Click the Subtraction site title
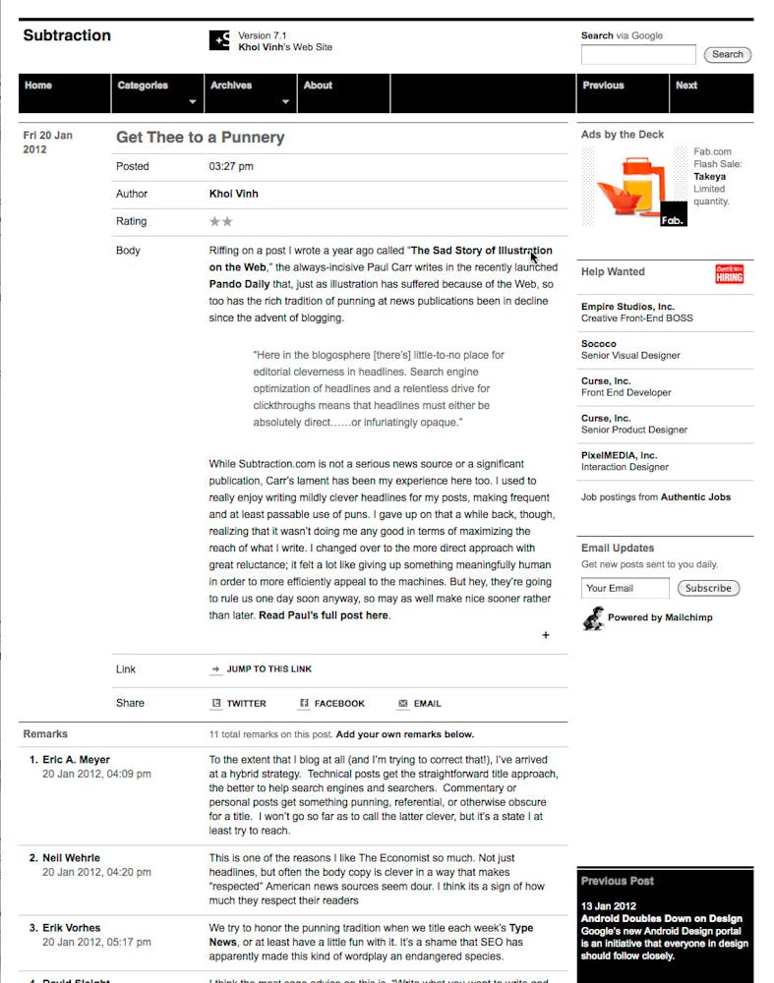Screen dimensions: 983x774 67,35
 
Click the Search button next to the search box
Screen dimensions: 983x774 728,55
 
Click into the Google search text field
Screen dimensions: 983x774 638,55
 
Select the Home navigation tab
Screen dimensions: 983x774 38,86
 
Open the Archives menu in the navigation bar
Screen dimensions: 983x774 232,86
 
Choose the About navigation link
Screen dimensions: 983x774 318,86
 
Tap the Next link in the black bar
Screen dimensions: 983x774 686,86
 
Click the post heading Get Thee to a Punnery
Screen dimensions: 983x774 201,138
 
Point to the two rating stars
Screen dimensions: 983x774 221,222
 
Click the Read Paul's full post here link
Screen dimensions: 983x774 324,615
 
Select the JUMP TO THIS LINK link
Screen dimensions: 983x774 268,669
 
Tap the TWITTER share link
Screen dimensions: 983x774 246,704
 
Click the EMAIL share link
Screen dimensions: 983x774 427,704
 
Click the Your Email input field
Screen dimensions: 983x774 625,588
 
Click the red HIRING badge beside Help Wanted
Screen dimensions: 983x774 730,274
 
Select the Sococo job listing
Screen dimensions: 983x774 630,350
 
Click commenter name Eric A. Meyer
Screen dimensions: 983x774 76,760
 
